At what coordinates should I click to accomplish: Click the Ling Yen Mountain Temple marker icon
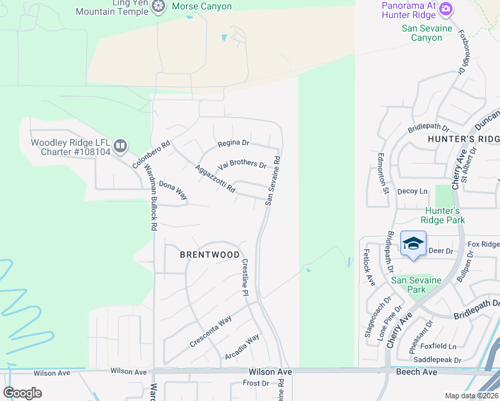158,7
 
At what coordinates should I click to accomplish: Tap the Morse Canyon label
202,7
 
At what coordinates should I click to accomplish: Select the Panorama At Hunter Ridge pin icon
446,10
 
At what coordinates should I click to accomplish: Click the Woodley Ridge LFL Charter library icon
120,145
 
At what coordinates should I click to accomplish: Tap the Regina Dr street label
233,143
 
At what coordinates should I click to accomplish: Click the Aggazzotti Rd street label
215,179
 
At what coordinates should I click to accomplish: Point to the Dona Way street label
173,191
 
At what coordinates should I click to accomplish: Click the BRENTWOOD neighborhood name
210,255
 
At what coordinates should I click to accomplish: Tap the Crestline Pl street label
245,278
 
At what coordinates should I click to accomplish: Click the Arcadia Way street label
242,348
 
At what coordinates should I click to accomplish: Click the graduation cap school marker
413,243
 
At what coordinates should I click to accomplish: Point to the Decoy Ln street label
412,191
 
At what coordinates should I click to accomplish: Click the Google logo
23,393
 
